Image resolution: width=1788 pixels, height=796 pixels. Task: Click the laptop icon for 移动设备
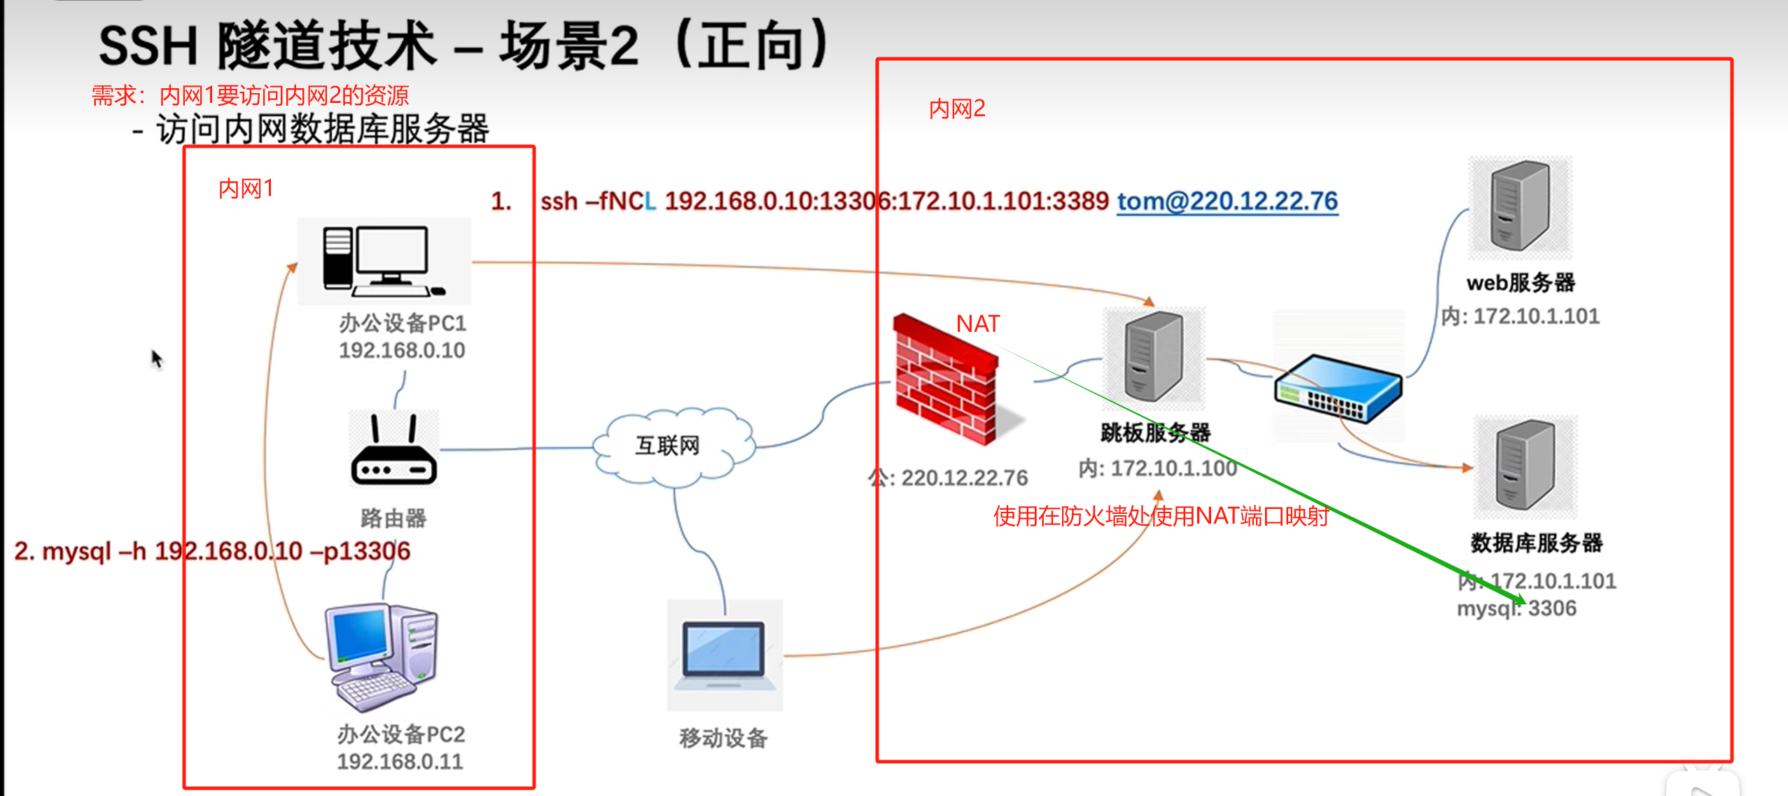pyautogui.click(x=725, y=655)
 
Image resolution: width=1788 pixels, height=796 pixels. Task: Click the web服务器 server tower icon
pyautogui.click(x=1520, y=206)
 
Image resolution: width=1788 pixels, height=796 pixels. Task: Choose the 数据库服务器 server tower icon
pyautogui.click(x=1525, y=466)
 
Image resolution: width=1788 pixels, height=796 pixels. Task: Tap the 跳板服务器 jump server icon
pyautogui.click(x=1153, y=357)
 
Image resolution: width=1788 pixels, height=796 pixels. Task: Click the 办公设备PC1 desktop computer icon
pyautogui.click(x=383, y=260)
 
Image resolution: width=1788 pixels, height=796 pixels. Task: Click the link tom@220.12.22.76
pyautogui.click(x=1227, y=202)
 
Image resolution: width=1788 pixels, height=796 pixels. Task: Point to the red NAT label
pyautogui.click(x=978, y=323)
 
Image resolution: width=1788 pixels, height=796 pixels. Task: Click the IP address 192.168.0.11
pyautogui.click(x=400, y=761)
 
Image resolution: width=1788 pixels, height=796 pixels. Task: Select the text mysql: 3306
pyautogui.click(x=1516, y=608)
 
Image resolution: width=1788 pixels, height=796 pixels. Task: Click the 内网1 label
pyautogui.click(x=245, y=188)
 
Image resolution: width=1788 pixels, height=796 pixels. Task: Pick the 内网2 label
pyautogui.click(x=956, y=109)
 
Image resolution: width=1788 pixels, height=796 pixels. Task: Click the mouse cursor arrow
pyautogui.click(x=156, y=358)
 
